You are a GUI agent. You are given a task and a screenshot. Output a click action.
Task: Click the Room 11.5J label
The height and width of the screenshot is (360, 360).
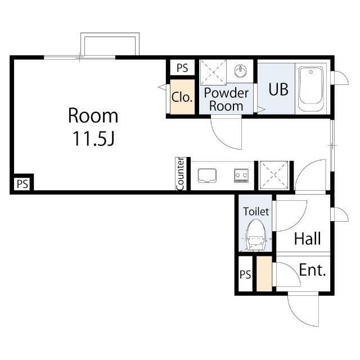(93, 127)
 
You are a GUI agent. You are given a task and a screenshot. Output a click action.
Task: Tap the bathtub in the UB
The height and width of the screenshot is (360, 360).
(311, 89)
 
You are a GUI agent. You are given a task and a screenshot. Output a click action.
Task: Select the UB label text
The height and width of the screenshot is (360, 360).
(278, 89)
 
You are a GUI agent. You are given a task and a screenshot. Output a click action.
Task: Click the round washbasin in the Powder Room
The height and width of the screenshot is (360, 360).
(240, 71)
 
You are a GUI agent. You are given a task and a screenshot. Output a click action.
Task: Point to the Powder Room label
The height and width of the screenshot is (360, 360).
(226, 100)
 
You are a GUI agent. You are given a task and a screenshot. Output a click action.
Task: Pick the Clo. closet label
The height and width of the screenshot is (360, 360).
(182, 97)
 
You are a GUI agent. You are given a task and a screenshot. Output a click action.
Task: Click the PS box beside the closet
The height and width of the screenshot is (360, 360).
(182, 67)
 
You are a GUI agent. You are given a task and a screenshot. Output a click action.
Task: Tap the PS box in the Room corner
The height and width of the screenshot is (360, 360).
(22, 184)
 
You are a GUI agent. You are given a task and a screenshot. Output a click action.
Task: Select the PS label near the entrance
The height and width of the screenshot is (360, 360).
(245, 274)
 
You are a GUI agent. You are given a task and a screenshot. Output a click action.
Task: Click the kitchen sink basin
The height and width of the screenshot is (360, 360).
(207, 175)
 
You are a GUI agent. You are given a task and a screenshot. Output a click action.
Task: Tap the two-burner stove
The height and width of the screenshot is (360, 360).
(241, 175)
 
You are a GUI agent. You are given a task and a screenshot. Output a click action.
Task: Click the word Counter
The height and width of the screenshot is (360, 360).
(180, 174)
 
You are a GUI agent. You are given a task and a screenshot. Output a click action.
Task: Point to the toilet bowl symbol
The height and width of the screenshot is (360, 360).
(256, 235)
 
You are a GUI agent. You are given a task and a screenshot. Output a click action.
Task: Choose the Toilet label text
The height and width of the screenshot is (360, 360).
(256, 211)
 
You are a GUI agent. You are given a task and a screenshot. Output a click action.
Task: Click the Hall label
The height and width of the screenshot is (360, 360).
(308, 238)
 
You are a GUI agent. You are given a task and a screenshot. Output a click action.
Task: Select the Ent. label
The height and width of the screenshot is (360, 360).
(313, 270)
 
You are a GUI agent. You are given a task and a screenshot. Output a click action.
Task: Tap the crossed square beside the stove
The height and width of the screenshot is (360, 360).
(274, 175)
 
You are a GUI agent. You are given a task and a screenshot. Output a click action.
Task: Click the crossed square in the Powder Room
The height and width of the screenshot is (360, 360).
(213, 72)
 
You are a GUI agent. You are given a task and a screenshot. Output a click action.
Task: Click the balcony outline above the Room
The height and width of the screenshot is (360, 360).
(110, 35)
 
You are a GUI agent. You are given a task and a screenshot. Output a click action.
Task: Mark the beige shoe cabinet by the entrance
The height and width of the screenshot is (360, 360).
(264, 274)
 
